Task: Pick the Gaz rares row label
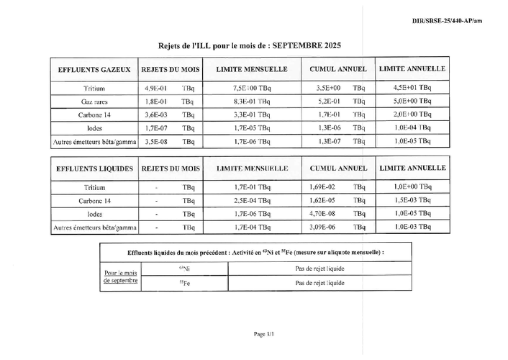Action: tap(94, 102)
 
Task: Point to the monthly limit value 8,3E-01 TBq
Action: tap(252, 102)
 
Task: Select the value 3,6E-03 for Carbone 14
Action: tap(156, 114)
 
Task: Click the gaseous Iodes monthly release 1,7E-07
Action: tap(156, 128)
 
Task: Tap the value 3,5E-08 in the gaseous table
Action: tap(156, 142)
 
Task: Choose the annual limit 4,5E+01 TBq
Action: tap(413, 88)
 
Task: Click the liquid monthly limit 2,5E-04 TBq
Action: tap(252, 200)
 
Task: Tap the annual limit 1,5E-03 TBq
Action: tap(413, 200)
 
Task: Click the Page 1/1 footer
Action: tap(264, 334)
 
